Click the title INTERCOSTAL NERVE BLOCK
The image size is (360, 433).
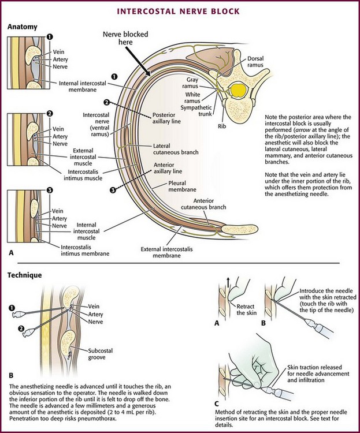coord(180,10)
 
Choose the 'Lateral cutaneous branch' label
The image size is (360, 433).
coord(176,150)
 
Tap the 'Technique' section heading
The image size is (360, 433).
coord(25,275)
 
